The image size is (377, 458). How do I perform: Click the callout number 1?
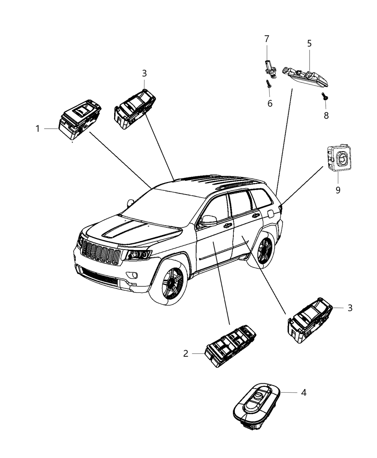(x=38, y=128)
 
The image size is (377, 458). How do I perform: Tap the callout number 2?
(x=186, y=353)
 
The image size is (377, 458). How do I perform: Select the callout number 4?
(x=303, y=393)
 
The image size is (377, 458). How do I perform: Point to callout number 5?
(x=309, y=44)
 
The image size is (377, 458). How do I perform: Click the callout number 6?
(x=270, y=103)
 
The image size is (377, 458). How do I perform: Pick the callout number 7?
(x=266, y=38)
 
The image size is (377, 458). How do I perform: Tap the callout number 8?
(x=326, y=115)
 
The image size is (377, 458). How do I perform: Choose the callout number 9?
(x=338, y=190)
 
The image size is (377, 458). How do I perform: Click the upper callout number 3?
(x=144, y=73)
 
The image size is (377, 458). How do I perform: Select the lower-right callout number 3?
(x=350, y=307)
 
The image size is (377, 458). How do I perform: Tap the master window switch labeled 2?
(x=230, y=345)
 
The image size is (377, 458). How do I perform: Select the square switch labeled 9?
(x=339, y=158)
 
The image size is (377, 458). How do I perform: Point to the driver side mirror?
(x=209, y=220)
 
